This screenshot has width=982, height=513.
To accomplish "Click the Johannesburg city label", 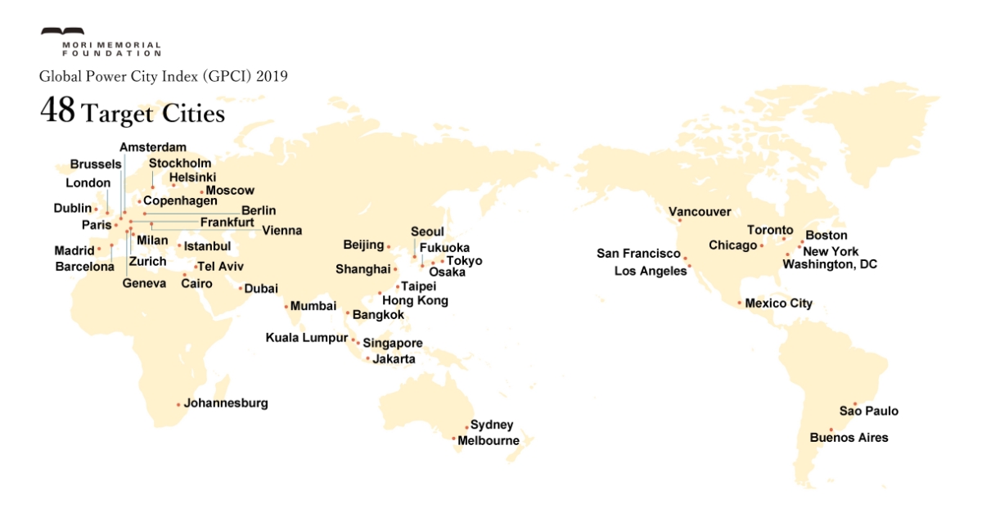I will (x=226, y=403).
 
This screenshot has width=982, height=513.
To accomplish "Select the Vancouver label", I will (x=700, y=212).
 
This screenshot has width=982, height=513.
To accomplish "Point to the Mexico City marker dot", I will (x=740, y=304).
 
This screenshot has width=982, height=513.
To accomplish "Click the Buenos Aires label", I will (x=849, y=438).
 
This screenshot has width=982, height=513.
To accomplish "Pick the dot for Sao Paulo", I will (x=854, y=403).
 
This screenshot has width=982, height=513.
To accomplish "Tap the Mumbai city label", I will (x=313, y=306).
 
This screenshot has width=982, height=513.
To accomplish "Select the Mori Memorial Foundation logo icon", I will (x=62, y=34).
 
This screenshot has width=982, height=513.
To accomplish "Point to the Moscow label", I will (x=230, y=191).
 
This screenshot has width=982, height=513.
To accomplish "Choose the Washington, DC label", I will (x=830, y=264).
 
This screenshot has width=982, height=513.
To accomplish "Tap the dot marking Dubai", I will (x=240, y=288).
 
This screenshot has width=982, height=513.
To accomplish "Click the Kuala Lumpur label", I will (x=307, y=338).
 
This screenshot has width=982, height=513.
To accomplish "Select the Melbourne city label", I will (x=489, y=441).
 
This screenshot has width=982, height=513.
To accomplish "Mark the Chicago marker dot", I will (x=762, y=245).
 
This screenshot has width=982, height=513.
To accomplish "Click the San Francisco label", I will (x=638, y=254).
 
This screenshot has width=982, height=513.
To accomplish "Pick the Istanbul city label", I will (x=208, y=245).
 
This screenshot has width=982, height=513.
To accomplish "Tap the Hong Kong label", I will (x=415, y=301).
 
